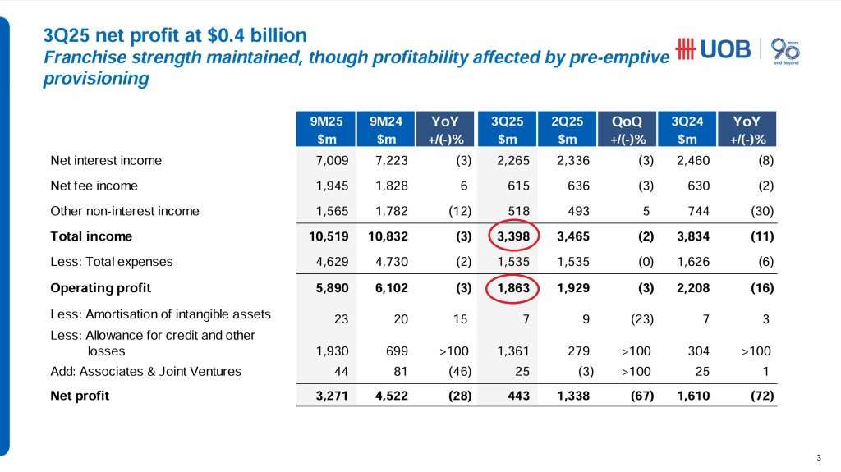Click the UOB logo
(712, 49)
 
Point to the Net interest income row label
(106, 161)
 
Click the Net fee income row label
(94, 186)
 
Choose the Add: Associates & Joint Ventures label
(145, 371)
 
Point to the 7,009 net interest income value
(332, 161)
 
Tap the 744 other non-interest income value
(696, 211)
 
